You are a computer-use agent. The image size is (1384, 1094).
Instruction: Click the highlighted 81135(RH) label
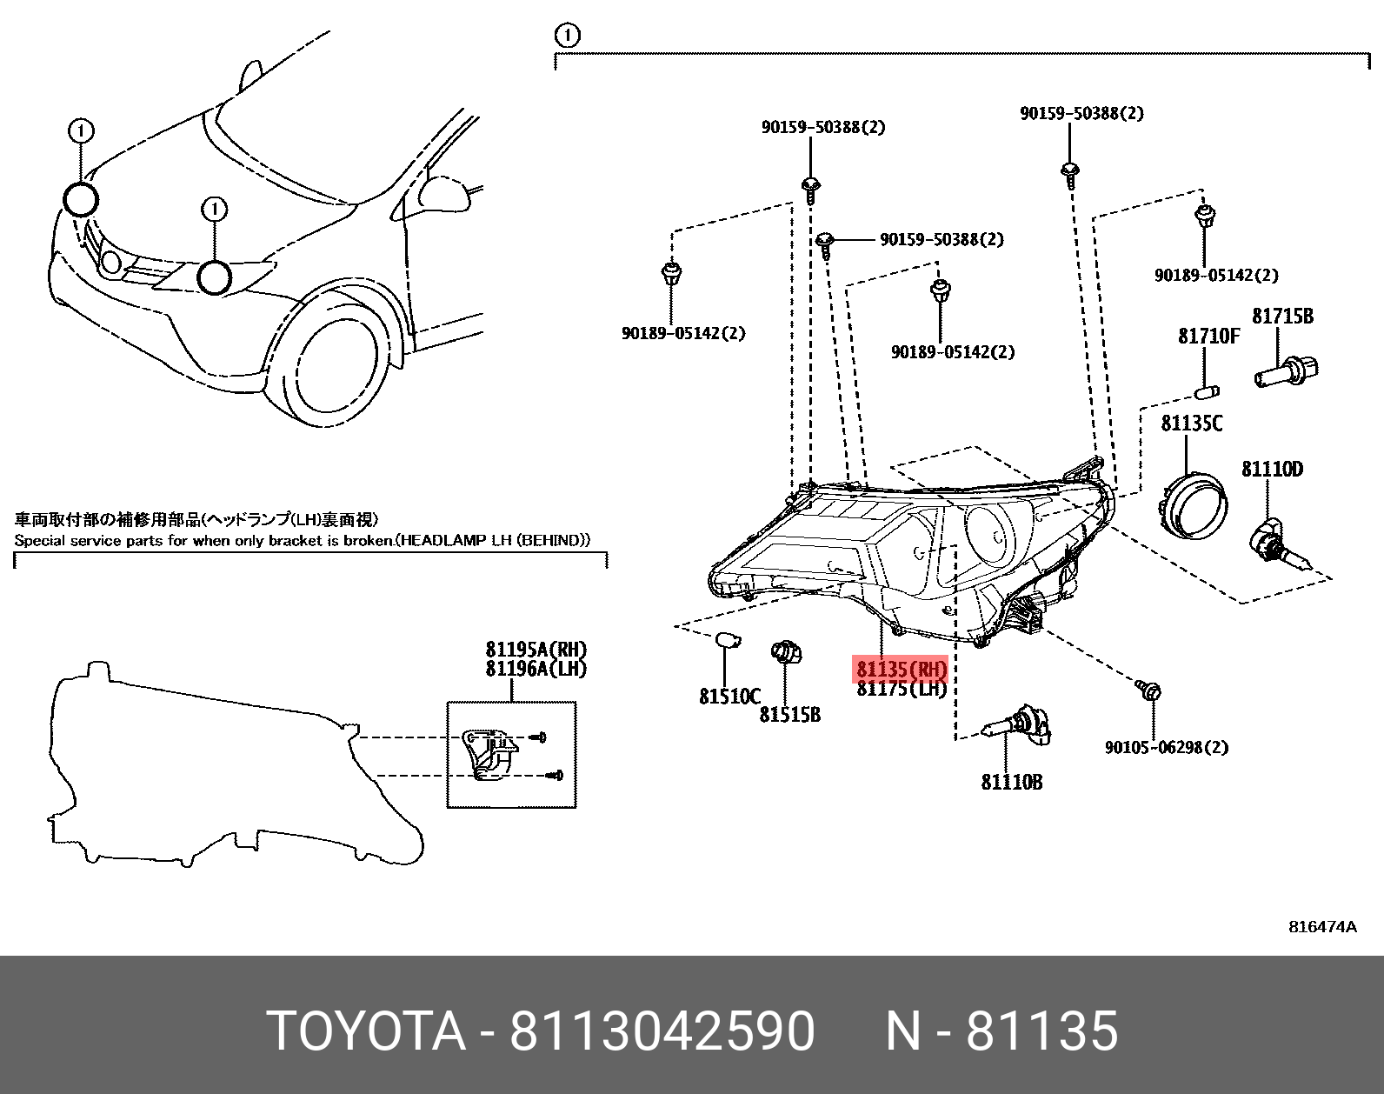[901, 670]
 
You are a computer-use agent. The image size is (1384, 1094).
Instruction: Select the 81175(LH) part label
[901, 689]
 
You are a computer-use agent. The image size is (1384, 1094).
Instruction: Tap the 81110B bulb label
[1011, 782]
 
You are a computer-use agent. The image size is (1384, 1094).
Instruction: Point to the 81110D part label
[1271, 470]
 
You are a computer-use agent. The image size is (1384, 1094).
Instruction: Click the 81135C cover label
[1192, 424]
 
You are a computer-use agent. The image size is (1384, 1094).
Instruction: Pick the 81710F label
[1208, 336]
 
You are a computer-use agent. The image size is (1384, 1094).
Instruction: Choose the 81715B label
[1282, 316]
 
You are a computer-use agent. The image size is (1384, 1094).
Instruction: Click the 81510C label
[729, 696]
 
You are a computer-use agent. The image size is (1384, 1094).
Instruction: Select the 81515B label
[789, 715]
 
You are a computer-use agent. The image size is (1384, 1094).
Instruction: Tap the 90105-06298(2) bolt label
[1167, 747]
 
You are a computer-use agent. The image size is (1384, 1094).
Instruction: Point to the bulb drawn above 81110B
[1017, 729]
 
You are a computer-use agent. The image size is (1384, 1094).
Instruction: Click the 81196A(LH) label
[536, 669]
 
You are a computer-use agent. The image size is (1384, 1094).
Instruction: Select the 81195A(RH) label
[536, 650]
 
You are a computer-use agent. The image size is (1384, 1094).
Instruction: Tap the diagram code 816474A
[1321, 927]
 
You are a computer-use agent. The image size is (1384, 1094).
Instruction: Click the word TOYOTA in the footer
[366, 1031]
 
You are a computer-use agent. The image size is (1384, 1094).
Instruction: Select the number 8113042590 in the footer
[662, 1031]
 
